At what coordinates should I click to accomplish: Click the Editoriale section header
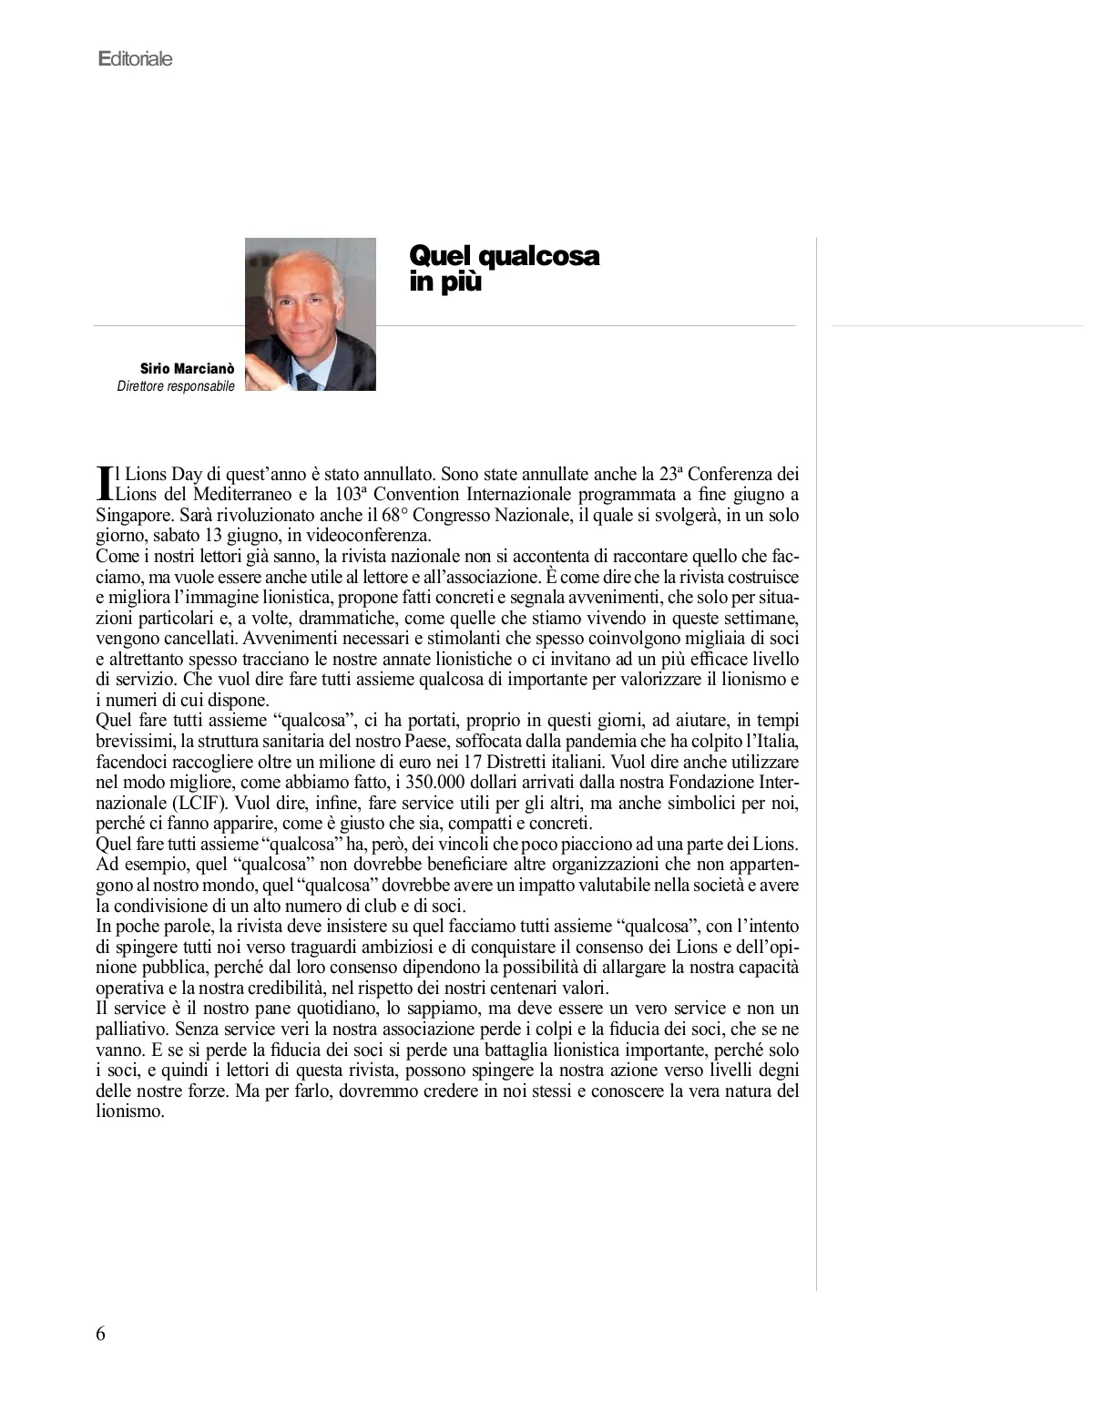pyautogui.click(x=135, y=59)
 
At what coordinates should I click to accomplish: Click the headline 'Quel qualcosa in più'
pyautogui.click(x=504, y=268)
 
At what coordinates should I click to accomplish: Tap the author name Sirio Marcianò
pyautogui.click(x=187, y=369)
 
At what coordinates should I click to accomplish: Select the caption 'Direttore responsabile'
pyautogui.click(x=176, y=386)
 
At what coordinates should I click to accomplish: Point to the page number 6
pyautogui.click(x=100, y=1334)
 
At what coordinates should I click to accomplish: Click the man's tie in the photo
pyautogui.click(x=308, y=380)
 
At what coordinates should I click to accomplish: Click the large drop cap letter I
pyautogui.click(x=104, y=483)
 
